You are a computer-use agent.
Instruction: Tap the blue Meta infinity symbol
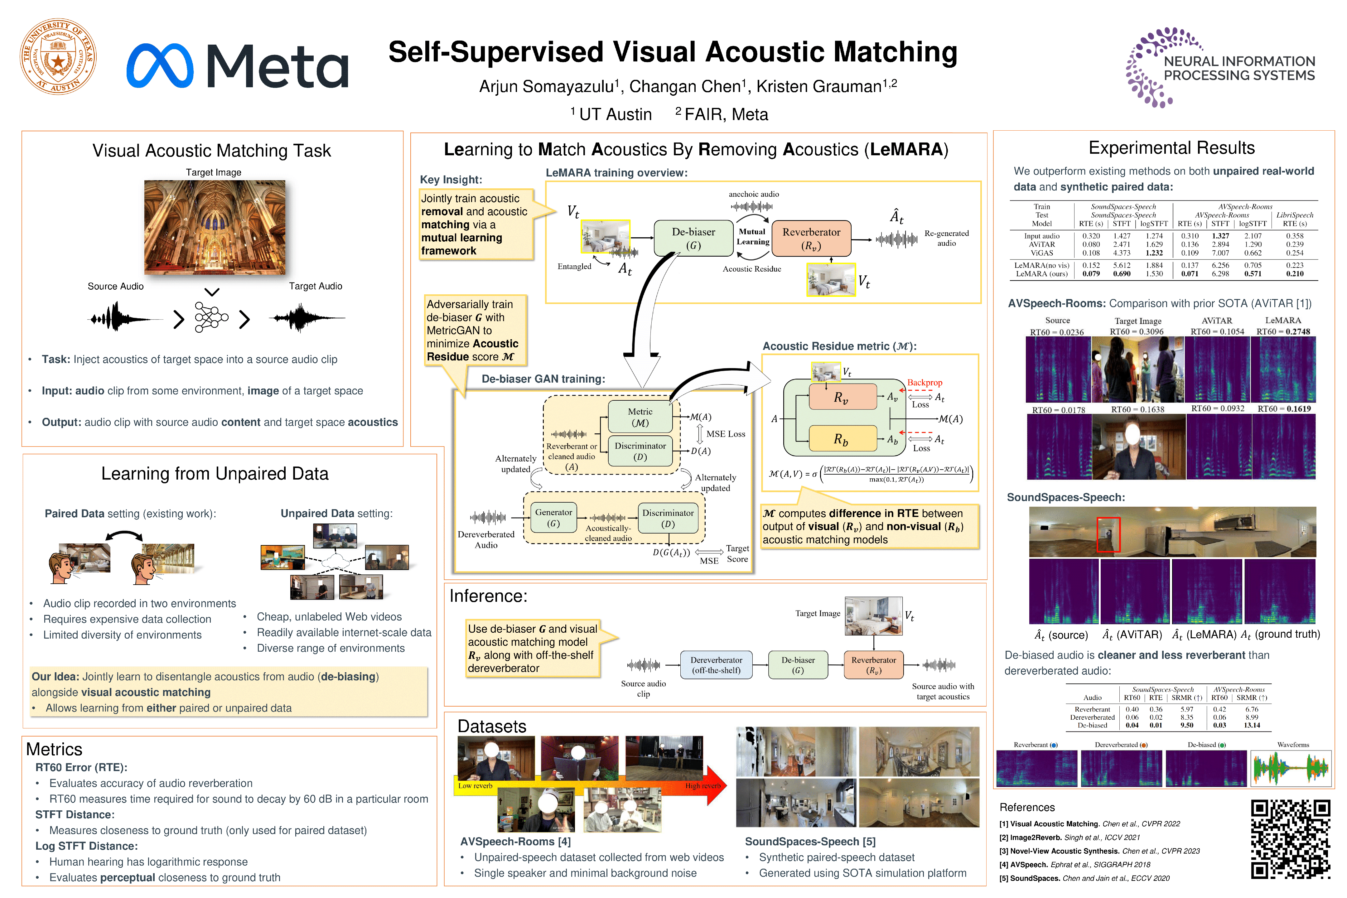pyautogui.click(x=160, y=66)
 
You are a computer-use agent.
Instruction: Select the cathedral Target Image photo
pyautogui.click(x=215, y=227)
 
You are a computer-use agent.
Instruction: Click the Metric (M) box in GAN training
pyautogui.click(x=640, y=417)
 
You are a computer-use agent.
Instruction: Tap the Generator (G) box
pyautogui.click(x=553, y=518)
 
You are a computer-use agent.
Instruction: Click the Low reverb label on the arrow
pyautogui.click(x=475, y=786)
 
